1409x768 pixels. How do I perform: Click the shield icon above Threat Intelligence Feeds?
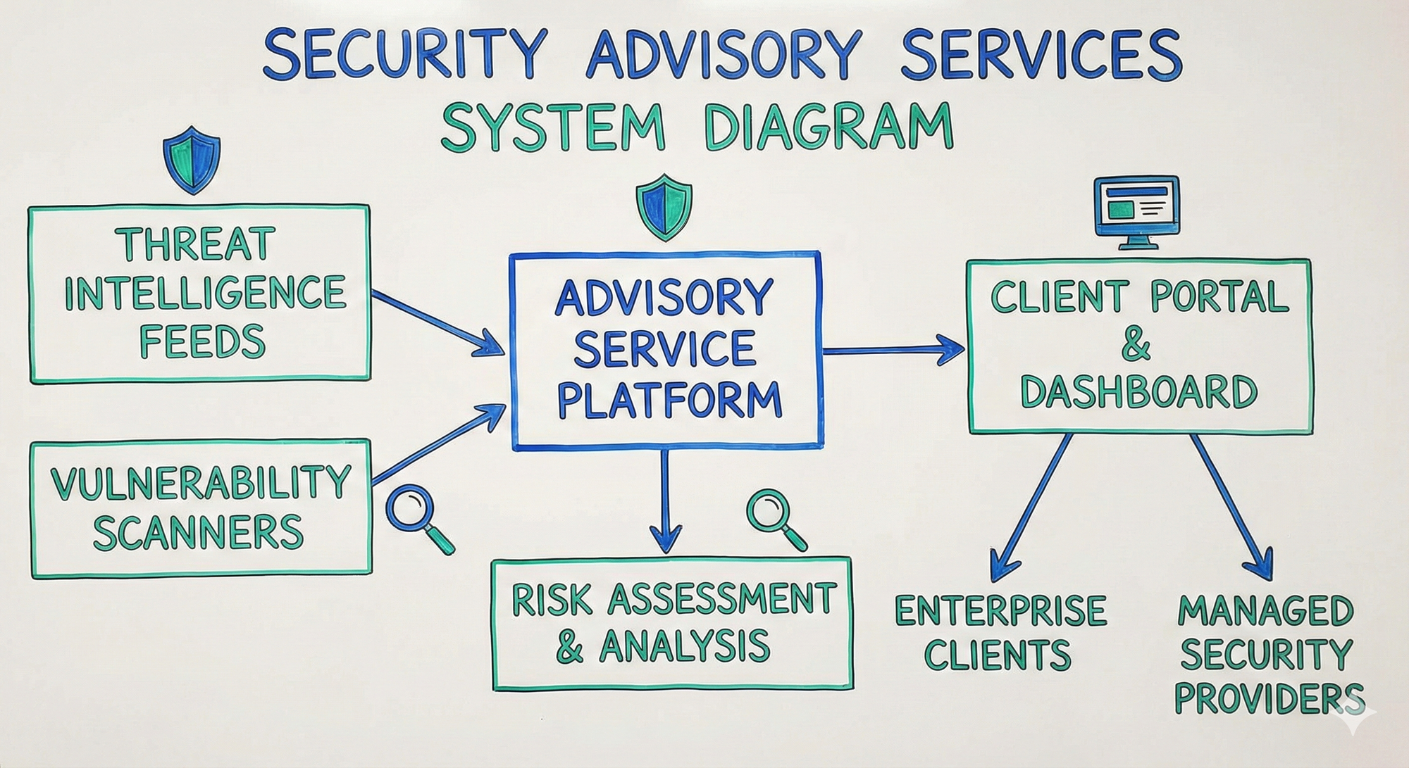point(192,160)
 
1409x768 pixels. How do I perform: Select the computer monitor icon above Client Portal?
point(1136,210)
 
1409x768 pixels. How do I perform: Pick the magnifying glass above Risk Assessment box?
point(775,517)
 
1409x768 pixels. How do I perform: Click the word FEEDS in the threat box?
point(202,341)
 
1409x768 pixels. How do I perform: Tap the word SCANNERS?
point(198,532)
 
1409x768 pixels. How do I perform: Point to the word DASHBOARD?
point(1138,392)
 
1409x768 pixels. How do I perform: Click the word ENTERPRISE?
point(1000,610)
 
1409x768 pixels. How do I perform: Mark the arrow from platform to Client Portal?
point(893,349)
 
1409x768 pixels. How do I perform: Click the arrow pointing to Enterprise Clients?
point(1032,507)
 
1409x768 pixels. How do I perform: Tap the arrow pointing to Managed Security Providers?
point(1233,507)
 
